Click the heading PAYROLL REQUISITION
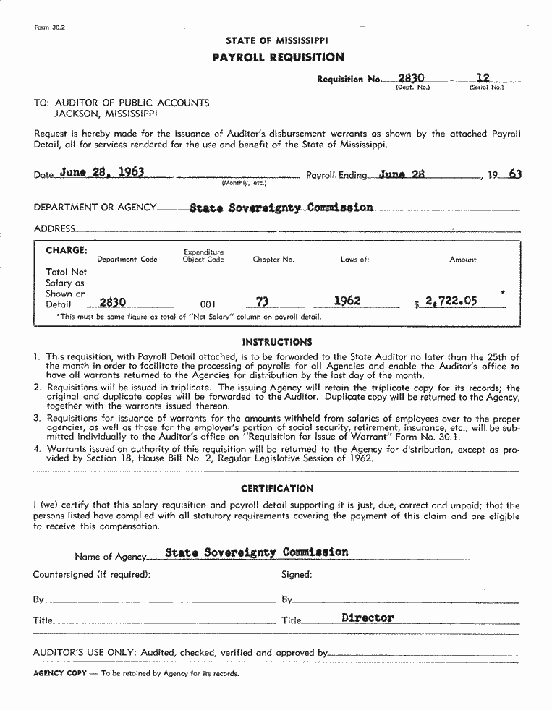click(278, 57)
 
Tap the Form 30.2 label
click(50, 27)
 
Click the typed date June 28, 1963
click(102, 172)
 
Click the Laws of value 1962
click(347, 300)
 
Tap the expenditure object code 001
click(208, 304)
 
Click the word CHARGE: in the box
click(67, 250)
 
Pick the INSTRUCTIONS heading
click(277, 342)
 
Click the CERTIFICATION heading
click(277, 489)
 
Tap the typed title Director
click(368, 618)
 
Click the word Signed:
click(297, 575)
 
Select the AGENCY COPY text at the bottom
click(60, 673)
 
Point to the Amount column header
click(463, 260)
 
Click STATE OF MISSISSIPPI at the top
click(276, 41)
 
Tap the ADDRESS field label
click(54, 228)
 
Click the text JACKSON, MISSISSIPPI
click(106, 114)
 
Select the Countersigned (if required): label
click(92, 575)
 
